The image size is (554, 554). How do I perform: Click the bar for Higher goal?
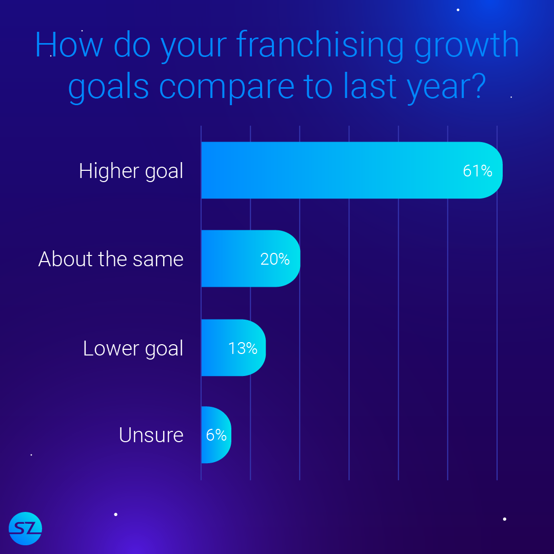[352, 170]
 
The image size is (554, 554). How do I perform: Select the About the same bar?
[251, 258]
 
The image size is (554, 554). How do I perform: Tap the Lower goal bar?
[233, 348]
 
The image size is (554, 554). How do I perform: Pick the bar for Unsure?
[216, 434]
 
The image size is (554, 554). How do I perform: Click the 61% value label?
[478, 171]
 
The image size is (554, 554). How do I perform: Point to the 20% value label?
[275, 260]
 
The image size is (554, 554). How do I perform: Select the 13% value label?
[243, 348]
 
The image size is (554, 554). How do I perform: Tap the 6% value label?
[216, 435]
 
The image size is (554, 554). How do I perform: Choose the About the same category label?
[111, 259]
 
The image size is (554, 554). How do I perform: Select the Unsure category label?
[151, 435]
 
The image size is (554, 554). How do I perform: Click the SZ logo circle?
[26, 528]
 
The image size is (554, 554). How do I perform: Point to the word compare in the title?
[227, 87]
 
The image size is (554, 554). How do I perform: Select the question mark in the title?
[479, 85]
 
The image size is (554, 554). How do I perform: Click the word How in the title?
[69, 45]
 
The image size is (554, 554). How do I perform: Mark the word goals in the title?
[108, 87]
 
